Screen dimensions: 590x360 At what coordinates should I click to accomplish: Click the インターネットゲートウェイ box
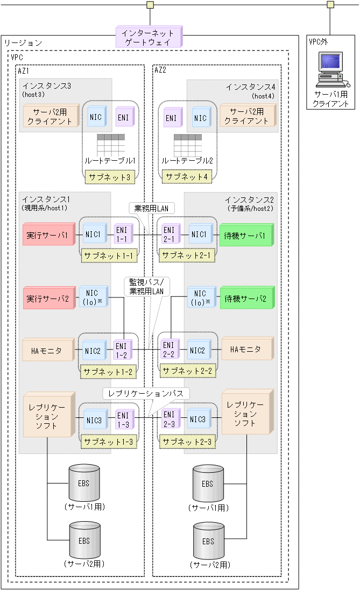148,37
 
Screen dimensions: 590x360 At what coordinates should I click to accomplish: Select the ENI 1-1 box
122,235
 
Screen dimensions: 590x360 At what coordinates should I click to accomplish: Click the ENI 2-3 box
169,418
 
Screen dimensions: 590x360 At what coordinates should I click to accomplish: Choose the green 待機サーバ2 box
246,298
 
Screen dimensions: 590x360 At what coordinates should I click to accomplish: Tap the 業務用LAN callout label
151,207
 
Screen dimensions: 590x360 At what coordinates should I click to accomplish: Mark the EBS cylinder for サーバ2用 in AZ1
84,541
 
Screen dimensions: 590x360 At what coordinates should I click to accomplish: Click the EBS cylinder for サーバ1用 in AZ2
208,484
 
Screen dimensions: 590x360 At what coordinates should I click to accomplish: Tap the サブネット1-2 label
107,371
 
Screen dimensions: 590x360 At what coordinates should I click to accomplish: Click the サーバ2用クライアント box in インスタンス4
246,116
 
